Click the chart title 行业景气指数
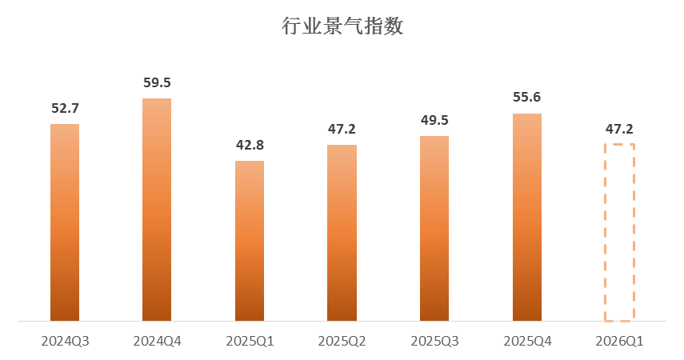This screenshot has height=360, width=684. tap(342, 26)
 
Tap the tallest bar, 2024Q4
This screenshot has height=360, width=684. tap(157, 210)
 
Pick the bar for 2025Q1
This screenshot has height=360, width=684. tap(250, 241)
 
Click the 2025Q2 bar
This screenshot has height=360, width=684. tap(342, 233)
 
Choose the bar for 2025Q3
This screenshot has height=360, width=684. tap(434, 229)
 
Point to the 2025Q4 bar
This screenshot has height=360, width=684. tap(526, 218)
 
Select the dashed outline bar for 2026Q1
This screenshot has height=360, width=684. tap(619, 233)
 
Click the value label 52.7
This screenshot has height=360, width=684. tap(65, 108)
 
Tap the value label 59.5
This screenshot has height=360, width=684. tap(157, 82)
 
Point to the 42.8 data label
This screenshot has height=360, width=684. tap(250, 145)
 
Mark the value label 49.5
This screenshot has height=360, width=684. tap(434, 120)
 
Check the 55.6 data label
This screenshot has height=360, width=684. tap(526, 98)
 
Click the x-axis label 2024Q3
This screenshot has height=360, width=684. tap(65, 341)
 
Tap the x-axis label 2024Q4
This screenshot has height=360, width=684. tap(157, 341)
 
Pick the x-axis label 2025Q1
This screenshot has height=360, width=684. tap(250, 341)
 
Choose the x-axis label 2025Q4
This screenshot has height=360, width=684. tap(526, 341)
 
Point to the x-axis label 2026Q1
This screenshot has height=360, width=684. tap(619, 341)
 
